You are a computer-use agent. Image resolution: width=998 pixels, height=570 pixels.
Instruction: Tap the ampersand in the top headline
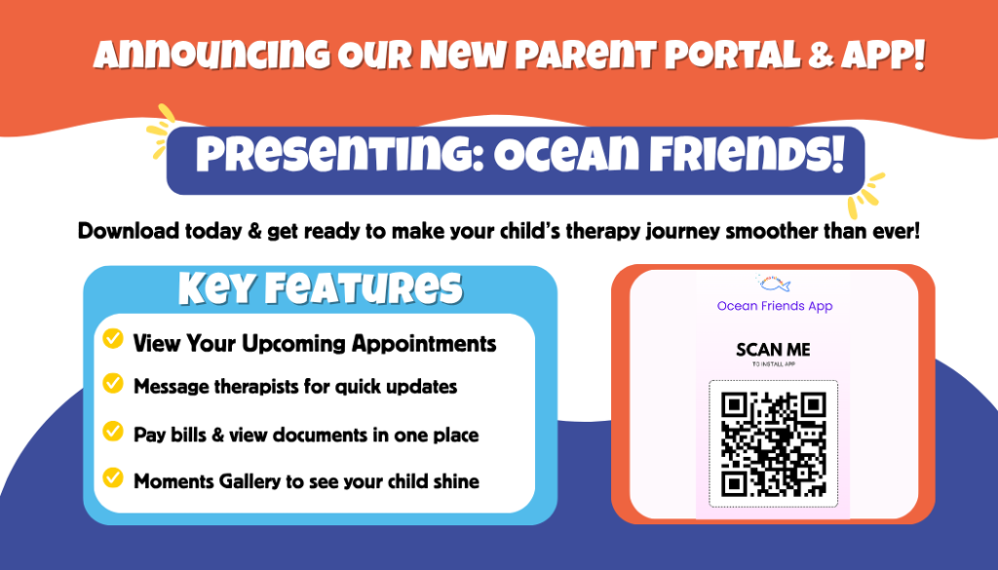coord(821,56)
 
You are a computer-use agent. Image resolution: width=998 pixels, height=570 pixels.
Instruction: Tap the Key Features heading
coord(320,288)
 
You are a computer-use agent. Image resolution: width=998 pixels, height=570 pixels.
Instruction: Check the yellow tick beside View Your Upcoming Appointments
coord(113,338)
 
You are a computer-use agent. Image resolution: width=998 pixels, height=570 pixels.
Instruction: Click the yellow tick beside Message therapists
coord(113,383)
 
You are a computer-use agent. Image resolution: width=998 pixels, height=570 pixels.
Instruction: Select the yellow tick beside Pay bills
coord(113,432)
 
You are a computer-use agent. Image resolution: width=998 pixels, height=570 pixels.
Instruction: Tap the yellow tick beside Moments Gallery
coord(113,477)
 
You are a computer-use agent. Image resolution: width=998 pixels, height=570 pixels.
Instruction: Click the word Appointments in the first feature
coord(424,344)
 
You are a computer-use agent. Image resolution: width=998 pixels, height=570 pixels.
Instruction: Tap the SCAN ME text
coord(773,350)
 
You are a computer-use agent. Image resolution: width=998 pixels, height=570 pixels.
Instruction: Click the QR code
coord(773,444)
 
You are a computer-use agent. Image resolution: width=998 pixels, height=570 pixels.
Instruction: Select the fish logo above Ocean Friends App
coord(774,284)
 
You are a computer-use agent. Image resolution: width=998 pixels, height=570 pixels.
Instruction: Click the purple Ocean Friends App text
coord(775,306)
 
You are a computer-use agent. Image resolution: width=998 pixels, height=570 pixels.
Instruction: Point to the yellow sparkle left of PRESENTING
coord(161,131)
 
